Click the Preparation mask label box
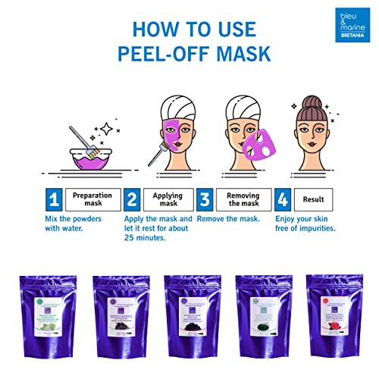click(x=92, y=200)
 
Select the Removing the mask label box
click(x=242, y=200)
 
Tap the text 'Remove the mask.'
click(x=230, y=218)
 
